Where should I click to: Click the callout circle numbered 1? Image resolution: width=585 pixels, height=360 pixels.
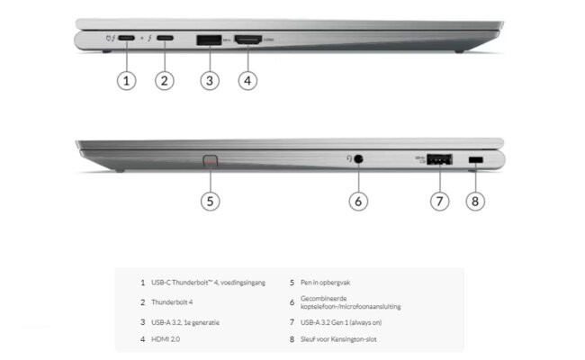(x=127, y=80)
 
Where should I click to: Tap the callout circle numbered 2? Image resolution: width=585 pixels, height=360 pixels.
(x=164, y=80)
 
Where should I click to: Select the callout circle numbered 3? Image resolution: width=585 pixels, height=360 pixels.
(x=209, y=80)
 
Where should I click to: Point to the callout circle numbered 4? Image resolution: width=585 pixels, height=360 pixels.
(x=248, y=80)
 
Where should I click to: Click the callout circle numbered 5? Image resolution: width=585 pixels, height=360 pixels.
(x=210, y=201)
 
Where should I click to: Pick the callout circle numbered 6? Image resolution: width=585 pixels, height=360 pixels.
(x=358, y=201)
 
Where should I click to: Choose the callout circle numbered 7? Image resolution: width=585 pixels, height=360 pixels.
(x=438, y=201)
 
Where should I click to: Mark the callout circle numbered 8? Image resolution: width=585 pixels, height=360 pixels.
(x=476, y=201)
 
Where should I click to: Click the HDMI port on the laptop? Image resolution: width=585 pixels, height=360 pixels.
(x=248, y=40)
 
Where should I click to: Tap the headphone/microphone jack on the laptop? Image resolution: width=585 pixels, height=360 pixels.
(x=359, y=159)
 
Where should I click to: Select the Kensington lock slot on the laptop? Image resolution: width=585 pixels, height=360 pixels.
(x=476, y=160)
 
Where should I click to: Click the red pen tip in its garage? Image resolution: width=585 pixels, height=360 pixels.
(x=211, y=162)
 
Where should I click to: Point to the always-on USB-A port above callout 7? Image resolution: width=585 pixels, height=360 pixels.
(x=438, y=160)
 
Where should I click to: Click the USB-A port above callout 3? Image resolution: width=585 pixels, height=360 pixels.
(x=209, y=40)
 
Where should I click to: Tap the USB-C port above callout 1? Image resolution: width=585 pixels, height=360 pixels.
(x=127, y=39)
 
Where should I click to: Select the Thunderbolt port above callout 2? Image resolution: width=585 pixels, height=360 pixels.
(x=164, y=39)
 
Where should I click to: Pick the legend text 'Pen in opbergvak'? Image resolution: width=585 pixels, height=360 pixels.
(x=332, y=283)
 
